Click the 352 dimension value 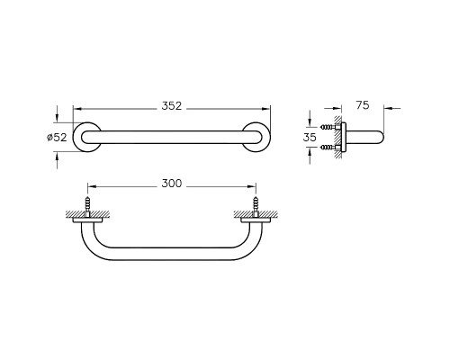coord(172,106)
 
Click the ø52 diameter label coord(57,137)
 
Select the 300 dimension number coord(172,184)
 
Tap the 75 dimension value coord(363,105)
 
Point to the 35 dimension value coord(310,137)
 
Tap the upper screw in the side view coord(330,127)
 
